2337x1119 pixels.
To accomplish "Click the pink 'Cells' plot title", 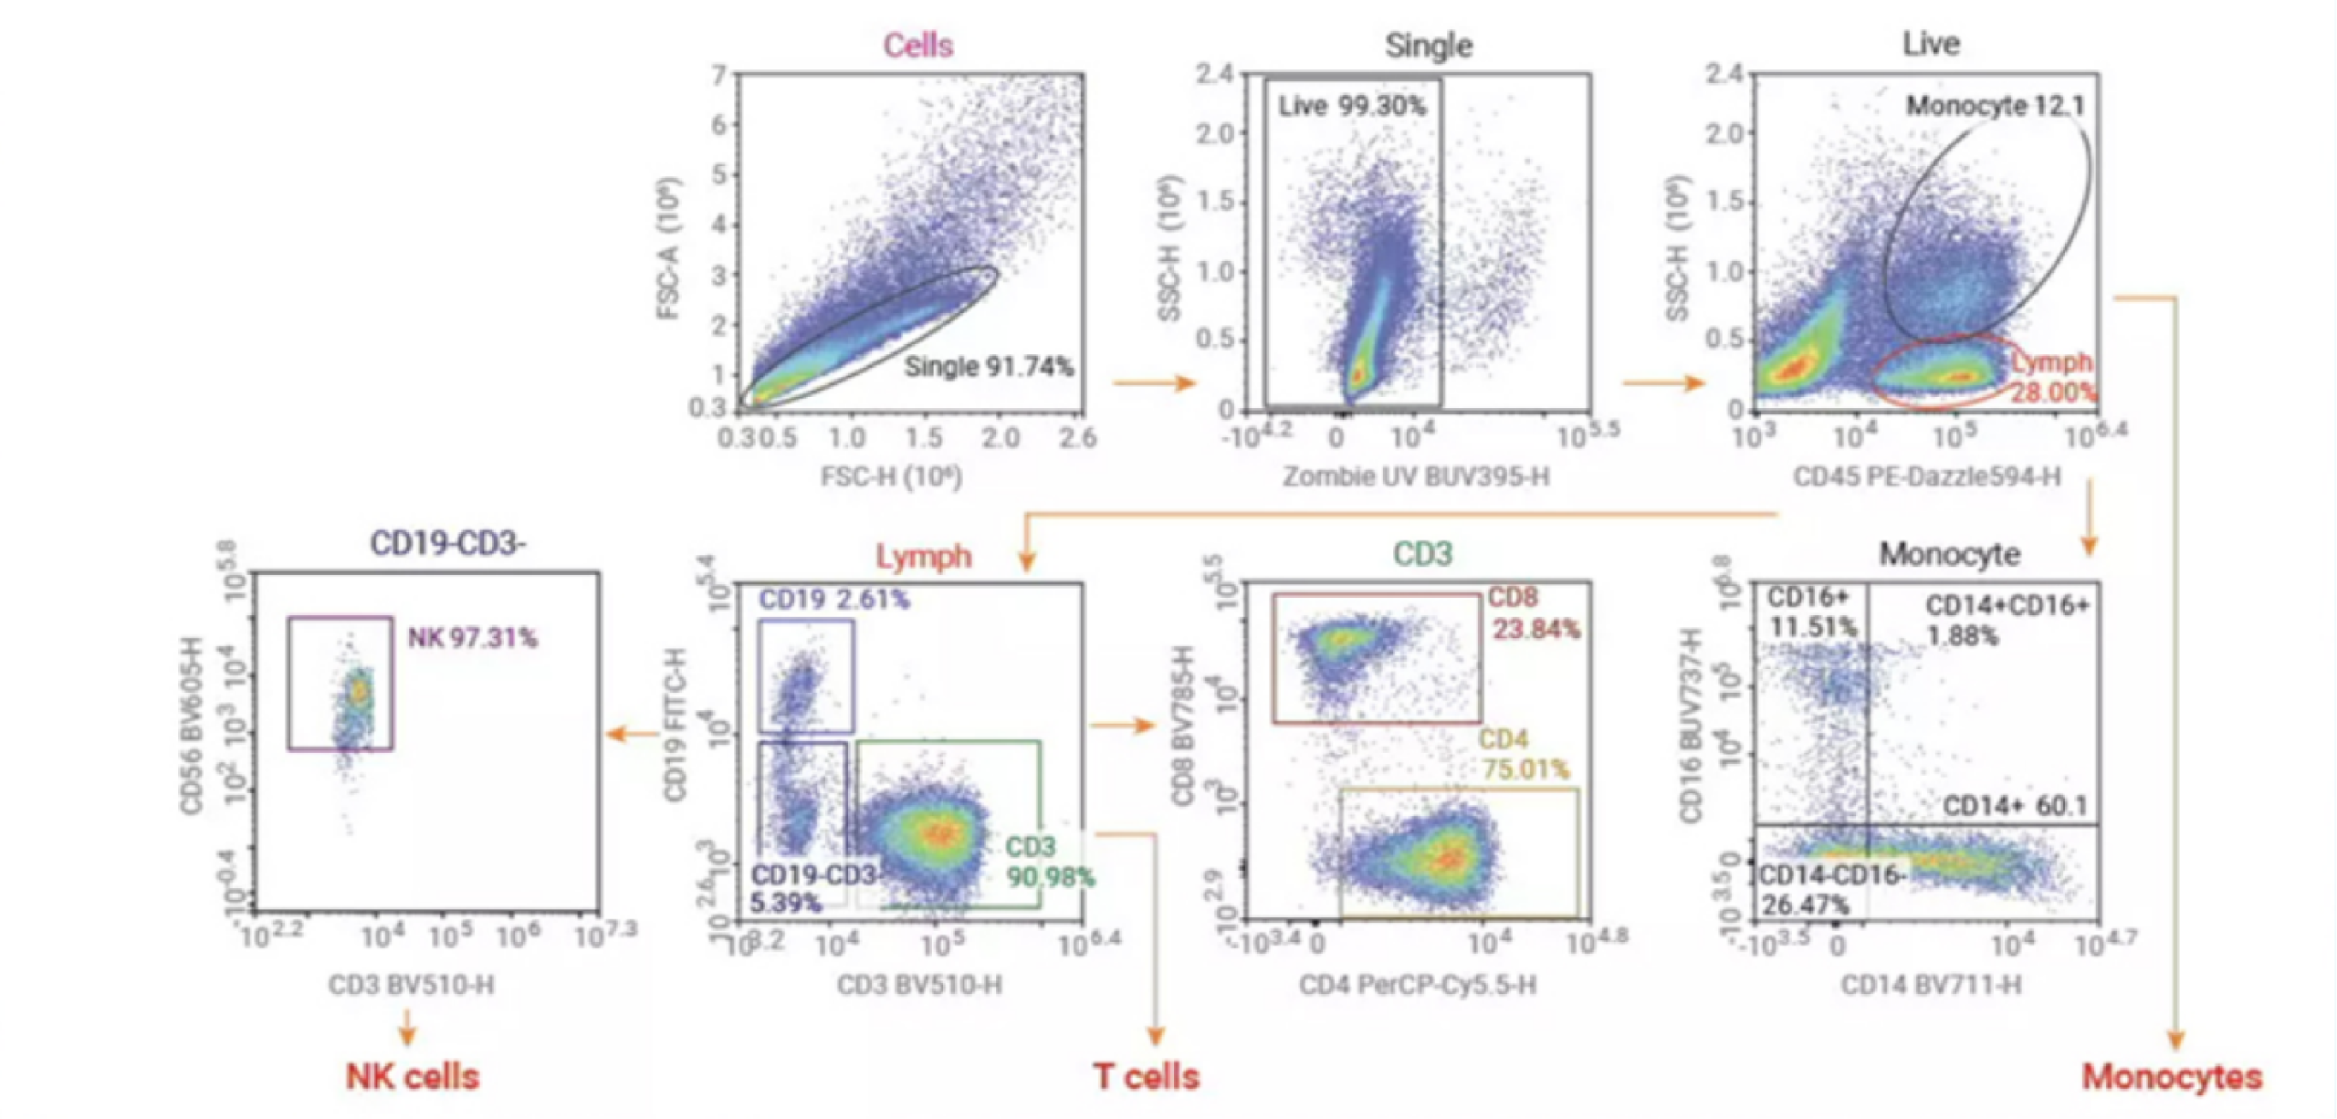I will pos(917,46).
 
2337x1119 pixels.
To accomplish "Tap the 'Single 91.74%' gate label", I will pos(989,367).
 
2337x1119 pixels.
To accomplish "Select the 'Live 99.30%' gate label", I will pos(1351,107).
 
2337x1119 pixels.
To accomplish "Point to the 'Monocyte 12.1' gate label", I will pos(1995,106).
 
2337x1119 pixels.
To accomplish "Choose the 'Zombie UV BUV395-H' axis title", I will pos(1416,476).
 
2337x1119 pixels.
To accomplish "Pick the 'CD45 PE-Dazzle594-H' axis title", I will pos(1926,476).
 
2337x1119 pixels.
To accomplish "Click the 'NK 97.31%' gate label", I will pos(472,637).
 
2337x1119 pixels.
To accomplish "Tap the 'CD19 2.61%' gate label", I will pos(833,600).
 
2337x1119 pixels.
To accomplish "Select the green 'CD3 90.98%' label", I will pos(1048,862).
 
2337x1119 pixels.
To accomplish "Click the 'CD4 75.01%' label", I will pos(1523,755).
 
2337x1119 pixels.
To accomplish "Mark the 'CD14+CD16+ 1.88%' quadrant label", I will pos(2007,620).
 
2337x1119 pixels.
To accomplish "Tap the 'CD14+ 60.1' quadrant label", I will pos(2014,806).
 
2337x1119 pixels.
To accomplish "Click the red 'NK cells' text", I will pos(412,1077).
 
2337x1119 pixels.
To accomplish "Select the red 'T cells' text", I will pos(1146,1077).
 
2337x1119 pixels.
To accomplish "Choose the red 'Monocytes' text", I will pos(2172,1077).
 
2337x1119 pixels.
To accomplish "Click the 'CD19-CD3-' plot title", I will pos(447,544).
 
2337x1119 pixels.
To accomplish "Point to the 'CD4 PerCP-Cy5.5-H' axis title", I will pos(1417,985).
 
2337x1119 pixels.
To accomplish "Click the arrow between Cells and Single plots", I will pos(1154,382).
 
